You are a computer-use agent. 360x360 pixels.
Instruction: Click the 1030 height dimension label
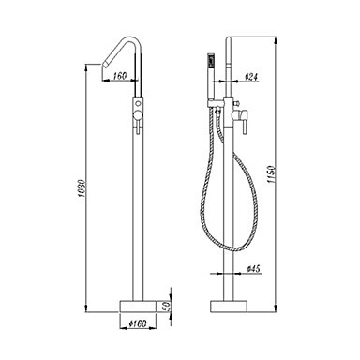point(82,189)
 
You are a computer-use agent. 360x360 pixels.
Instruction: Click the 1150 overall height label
point(272,174)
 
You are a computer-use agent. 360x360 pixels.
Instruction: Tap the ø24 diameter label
point(252,77)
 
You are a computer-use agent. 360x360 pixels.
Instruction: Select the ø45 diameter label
point(254,269)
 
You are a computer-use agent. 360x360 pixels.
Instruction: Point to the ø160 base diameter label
point(138,323)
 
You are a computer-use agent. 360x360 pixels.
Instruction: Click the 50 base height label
point(167,306)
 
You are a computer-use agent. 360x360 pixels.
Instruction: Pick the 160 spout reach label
point(120,76)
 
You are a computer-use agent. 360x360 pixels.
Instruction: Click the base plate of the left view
point(138,307)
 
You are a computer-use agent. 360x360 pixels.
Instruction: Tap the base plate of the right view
point(229,307)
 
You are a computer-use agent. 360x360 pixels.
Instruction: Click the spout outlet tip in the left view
point(105,64)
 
